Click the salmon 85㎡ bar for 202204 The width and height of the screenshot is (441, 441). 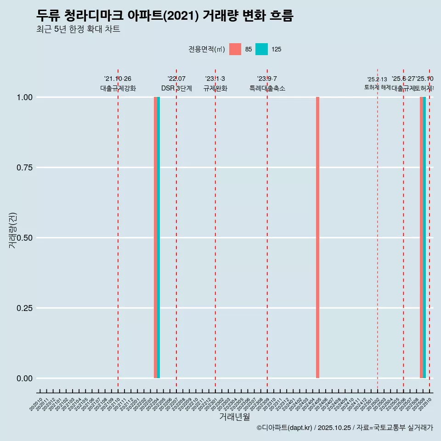[155, 237]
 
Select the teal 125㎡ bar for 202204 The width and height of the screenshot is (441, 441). [158, 237]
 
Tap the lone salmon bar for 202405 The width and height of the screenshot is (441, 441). [317, 237]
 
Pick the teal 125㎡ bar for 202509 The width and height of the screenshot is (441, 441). [424, 237]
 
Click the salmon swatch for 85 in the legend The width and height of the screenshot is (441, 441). [235, 49]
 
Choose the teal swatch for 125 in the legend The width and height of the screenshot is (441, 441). [261, 49]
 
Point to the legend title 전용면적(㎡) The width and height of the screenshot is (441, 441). [206, 49]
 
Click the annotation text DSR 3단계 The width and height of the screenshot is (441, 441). [176, 88]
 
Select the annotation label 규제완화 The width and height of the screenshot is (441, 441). [215, 88]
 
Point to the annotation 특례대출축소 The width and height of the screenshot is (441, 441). [267, 88]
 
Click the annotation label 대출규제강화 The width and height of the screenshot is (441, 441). [118, 88]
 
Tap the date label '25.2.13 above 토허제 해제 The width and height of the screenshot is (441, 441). [377, 79]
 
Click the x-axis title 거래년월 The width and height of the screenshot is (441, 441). [235, 417]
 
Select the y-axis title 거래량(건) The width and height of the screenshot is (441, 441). [12, 231]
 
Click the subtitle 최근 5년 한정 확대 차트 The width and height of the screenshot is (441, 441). [78, 29]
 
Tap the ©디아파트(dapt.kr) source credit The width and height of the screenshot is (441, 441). [284, 428]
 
